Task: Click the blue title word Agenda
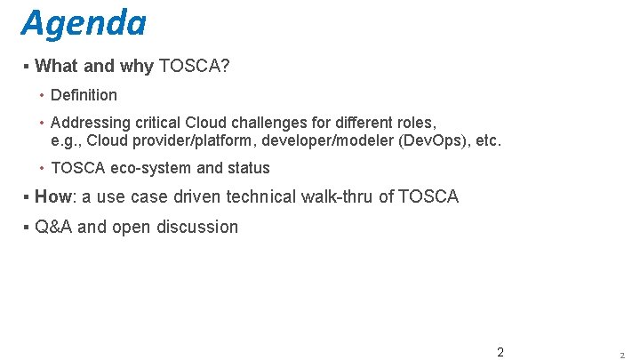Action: pos(84,23)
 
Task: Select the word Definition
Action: pos(84,95)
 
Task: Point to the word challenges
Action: pos(279,123)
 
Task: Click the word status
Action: pos(249,168)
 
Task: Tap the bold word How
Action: pos(53,196)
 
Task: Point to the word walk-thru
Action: pos(337,196)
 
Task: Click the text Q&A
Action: pos(53,227)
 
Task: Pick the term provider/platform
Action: pos(192,140)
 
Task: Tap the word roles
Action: pos(414,123)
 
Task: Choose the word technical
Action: pos(263,196)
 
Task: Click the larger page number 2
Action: pos(500,352)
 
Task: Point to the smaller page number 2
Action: pos(622,355)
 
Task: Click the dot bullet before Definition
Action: pos(43,95)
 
